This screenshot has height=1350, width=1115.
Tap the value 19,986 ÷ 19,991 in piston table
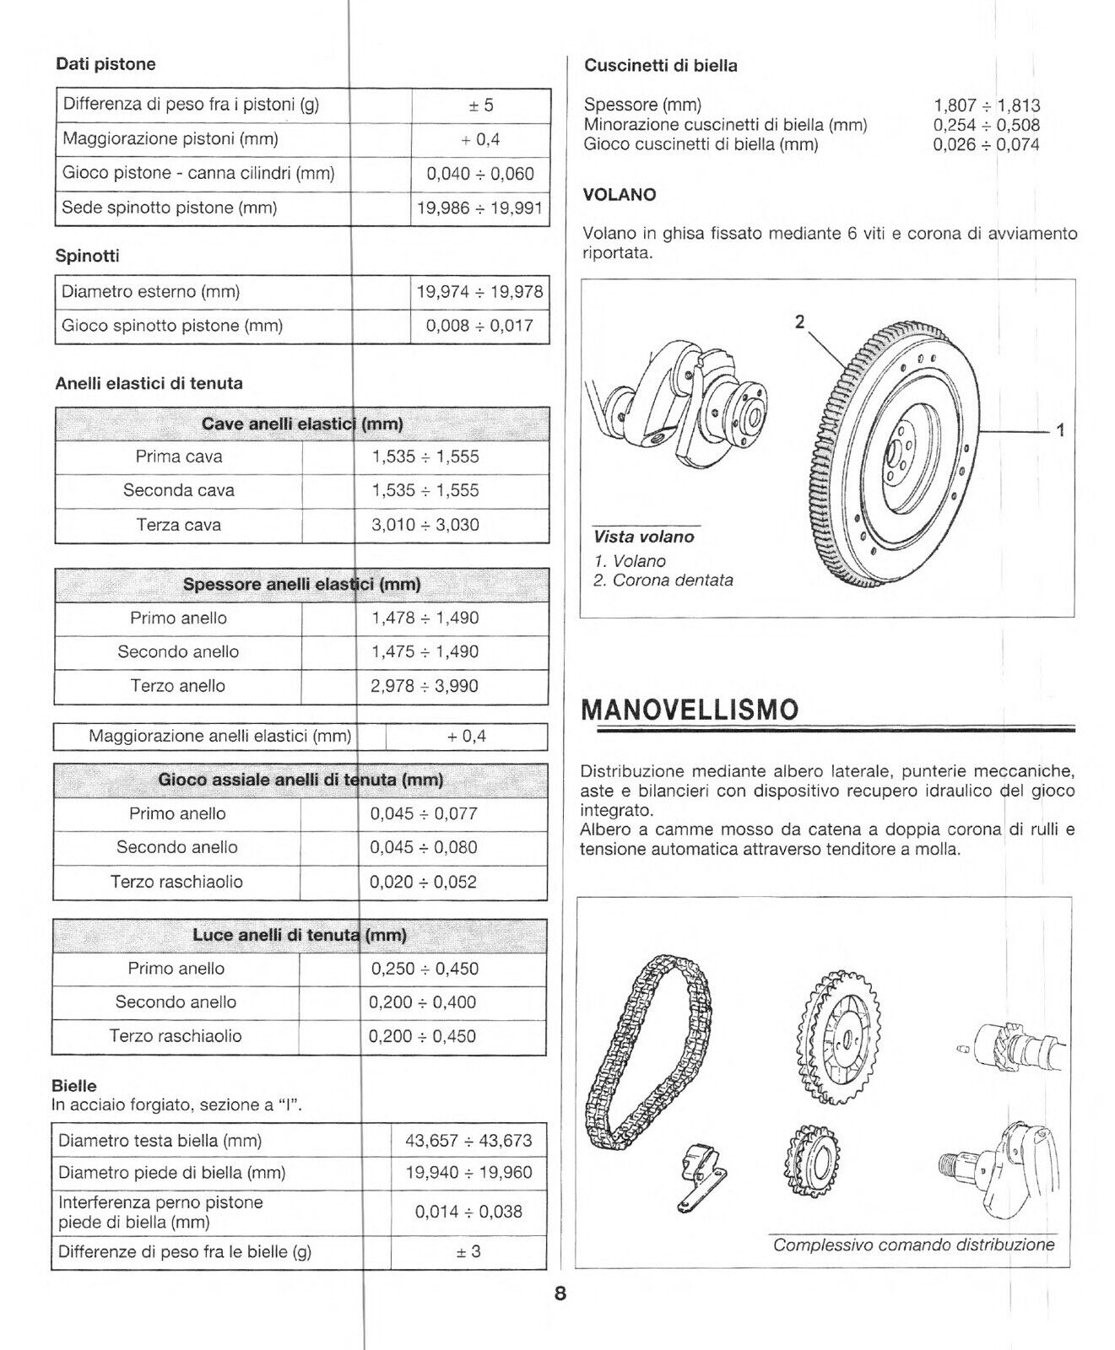(479, 208)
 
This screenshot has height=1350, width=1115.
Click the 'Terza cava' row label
(178, 525)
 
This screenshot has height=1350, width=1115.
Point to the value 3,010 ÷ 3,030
(425, 525)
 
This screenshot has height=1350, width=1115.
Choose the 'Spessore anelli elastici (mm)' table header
(301, 584)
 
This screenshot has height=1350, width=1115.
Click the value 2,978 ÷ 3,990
(424, 686)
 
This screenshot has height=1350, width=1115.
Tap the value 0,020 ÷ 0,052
(423, 882)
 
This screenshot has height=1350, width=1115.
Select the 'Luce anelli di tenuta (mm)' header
(300, 935)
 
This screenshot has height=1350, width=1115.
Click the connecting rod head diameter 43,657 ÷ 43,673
(468, 1141)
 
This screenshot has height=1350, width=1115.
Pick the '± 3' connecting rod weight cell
(468, 1251)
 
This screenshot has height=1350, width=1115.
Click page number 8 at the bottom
(560, 1293)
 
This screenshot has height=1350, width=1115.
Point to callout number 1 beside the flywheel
(1060, 430)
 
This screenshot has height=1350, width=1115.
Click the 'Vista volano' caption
(643, 537)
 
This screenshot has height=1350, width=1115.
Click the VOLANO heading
(619, 195)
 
